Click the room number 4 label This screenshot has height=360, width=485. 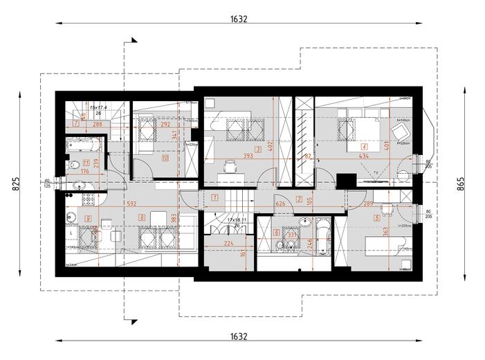(x=363, y=147)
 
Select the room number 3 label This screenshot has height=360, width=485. (x=257, y=148)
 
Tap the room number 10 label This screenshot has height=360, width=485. (x=165, y=158)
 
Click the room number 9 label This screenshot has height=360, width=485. (x=87, y=218)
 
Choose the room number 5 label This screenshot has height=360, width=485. (x=376, y=217)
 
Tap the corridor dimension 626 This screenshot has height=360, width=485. (x=280, y=204)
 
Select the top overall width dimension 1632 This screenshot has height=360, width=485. (x=239, y=19)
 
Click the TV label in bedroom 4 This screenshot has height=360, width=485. (x=374, y=171)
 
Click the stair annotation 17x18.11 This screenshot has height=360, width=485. (x=237, y=219)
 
